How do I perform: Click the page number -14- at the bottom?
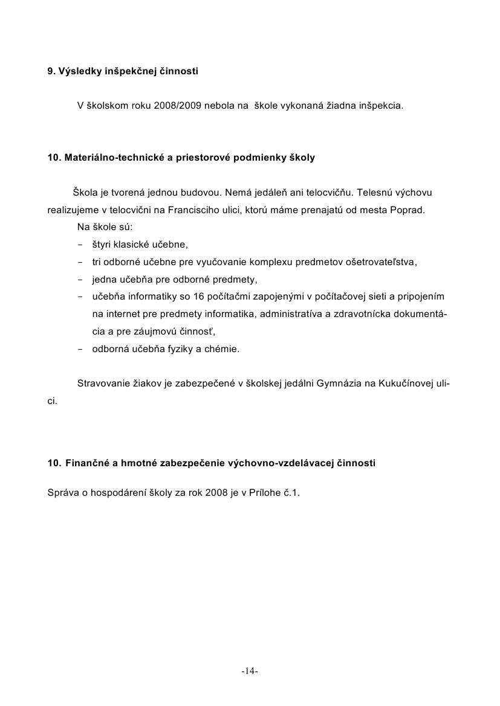[250, 671]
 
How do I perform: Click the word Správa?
[63, 492]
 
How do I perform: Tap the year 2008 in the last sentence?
[216, 492]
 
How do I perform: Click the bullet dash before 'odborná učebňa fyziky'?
[80, 349]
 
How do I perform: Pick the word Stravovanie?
[103, 383]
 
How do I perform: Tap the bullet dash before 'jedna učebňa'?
[80, 280]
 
